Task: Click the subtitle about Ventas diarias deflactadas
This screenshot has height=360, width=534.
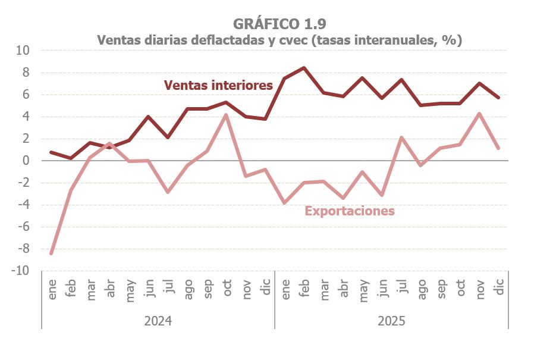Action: click(x=279, y=40)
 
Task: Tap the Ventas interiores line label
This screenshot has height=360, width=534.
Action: click(x=218, y=85)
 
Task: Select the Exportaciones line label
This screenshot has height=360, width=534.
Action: click(x=350, y=211)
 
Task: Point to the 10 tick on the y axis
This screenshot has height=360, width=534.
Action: click(x=23, y=51)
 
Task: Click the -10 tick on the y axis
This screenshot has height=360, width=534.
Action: click(x=20, y=271)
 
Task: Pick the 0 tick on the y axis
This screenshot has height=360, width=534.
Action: click(x=26, y=161)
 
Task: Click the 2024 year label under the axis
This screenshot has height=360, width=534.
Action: click(x=158, y=321)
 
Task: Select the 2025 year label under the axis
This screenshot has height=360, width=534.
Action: click(x=391, y=321)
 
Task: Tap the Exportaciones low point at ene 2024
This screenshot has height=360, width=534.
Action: click(x=52, y=253)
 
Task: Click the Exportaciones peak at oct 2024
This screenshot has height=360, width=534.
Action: click(x=226, y=115)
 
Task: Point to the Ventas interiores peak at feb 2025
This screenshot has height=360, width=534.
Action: click(x=304, y=68)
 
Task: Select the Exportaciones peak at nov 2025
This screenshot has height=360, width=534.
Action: click(x=479, y=114)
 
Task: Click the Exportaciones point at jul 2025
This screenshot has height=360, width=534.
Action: click(x=401, y=137)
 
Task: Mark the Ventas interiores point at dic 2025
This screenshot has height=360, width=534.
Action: click(x=499, y=98)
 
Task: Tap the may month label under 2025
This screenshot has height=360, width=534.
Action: click(x=362, y=289)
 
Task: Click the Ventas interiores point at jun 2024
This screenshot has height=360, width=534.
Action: click(x=148, y=117)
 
